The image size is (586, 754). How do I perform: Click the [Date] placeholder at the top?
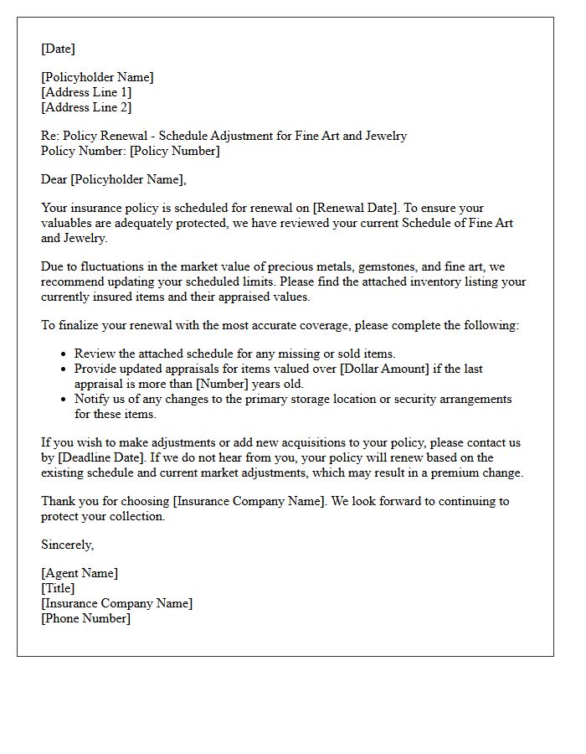58,49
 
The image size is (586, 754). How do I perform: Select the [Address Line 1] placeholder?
86,92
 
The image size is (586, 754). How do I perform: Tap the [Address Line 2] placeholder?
86,107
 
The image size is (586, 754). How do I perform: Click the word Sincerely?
68,545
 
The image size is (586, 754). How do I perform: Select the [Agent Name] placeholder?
80,573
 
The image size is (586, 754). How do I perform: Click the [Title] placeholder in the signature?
58,588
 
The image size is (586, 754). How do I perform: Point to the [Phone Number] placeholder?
85,618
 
